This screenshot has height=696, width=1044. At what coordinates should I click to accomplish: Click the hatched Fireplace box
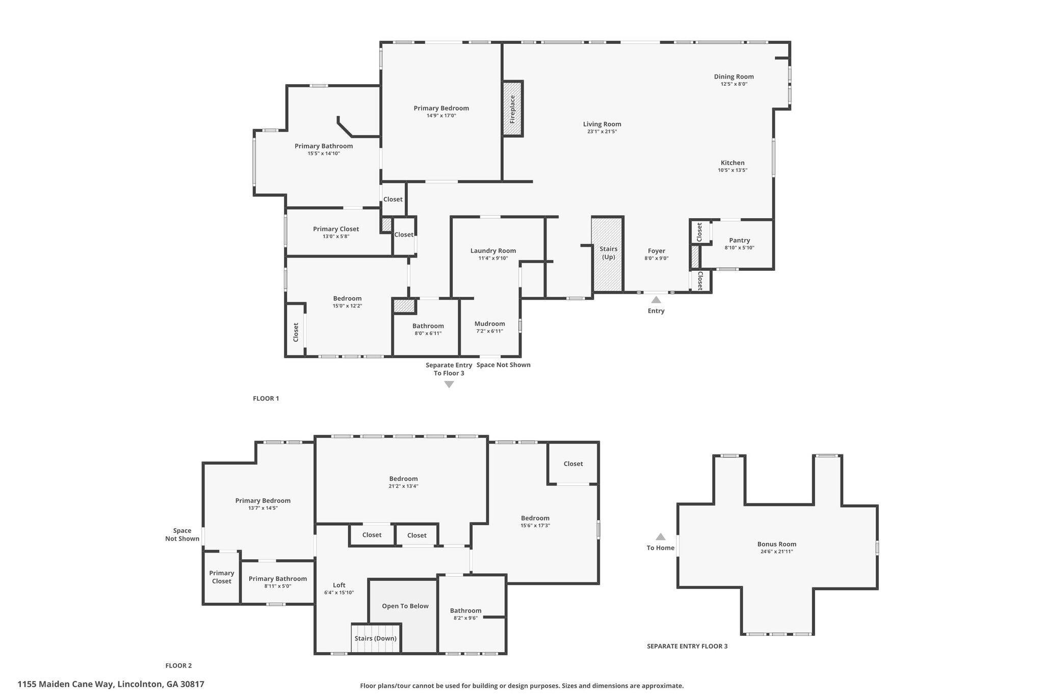513,109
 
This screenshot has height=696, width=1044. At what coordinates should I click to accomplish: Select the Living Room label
602,124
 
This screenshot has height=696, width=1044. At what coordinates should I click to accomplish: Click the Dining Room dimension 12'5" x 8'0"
734,84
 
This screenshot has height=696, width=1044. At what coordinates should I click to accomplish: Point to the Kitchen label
733,163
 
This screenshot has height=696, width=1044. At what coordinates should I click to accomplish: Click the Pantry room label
739,240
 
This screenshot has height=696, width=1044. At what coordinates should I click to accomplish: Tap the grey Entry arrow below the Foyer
656,300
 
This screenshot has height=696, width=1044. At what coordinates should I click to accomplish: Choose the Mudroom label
489,324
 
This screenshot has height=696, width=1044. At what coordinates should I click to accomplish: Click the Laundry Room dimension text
493,258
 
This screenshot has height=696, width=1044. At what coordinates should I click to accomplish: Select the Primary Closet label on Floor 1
336,229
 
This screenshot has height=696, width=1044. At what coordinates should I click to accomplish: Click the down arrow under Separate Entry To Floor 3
449,384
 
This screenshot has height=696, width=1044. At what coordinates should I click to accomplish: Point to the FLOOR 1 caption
266,398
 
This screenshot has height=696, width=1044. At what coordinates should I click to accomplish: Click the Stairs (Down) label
376,638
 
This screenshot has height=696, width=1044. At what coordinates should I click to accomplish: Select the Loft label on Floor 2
339,585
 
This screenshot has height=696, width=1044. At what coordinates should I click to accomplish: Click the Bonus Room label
776,544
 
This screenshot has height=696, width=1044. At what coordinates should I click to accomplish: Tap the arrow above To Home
661,536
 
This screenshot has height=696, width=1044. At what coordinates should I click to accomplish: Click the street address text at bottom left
111,684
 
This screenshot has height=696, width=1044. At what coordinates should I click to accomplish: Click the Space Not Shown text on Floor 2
182,534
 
